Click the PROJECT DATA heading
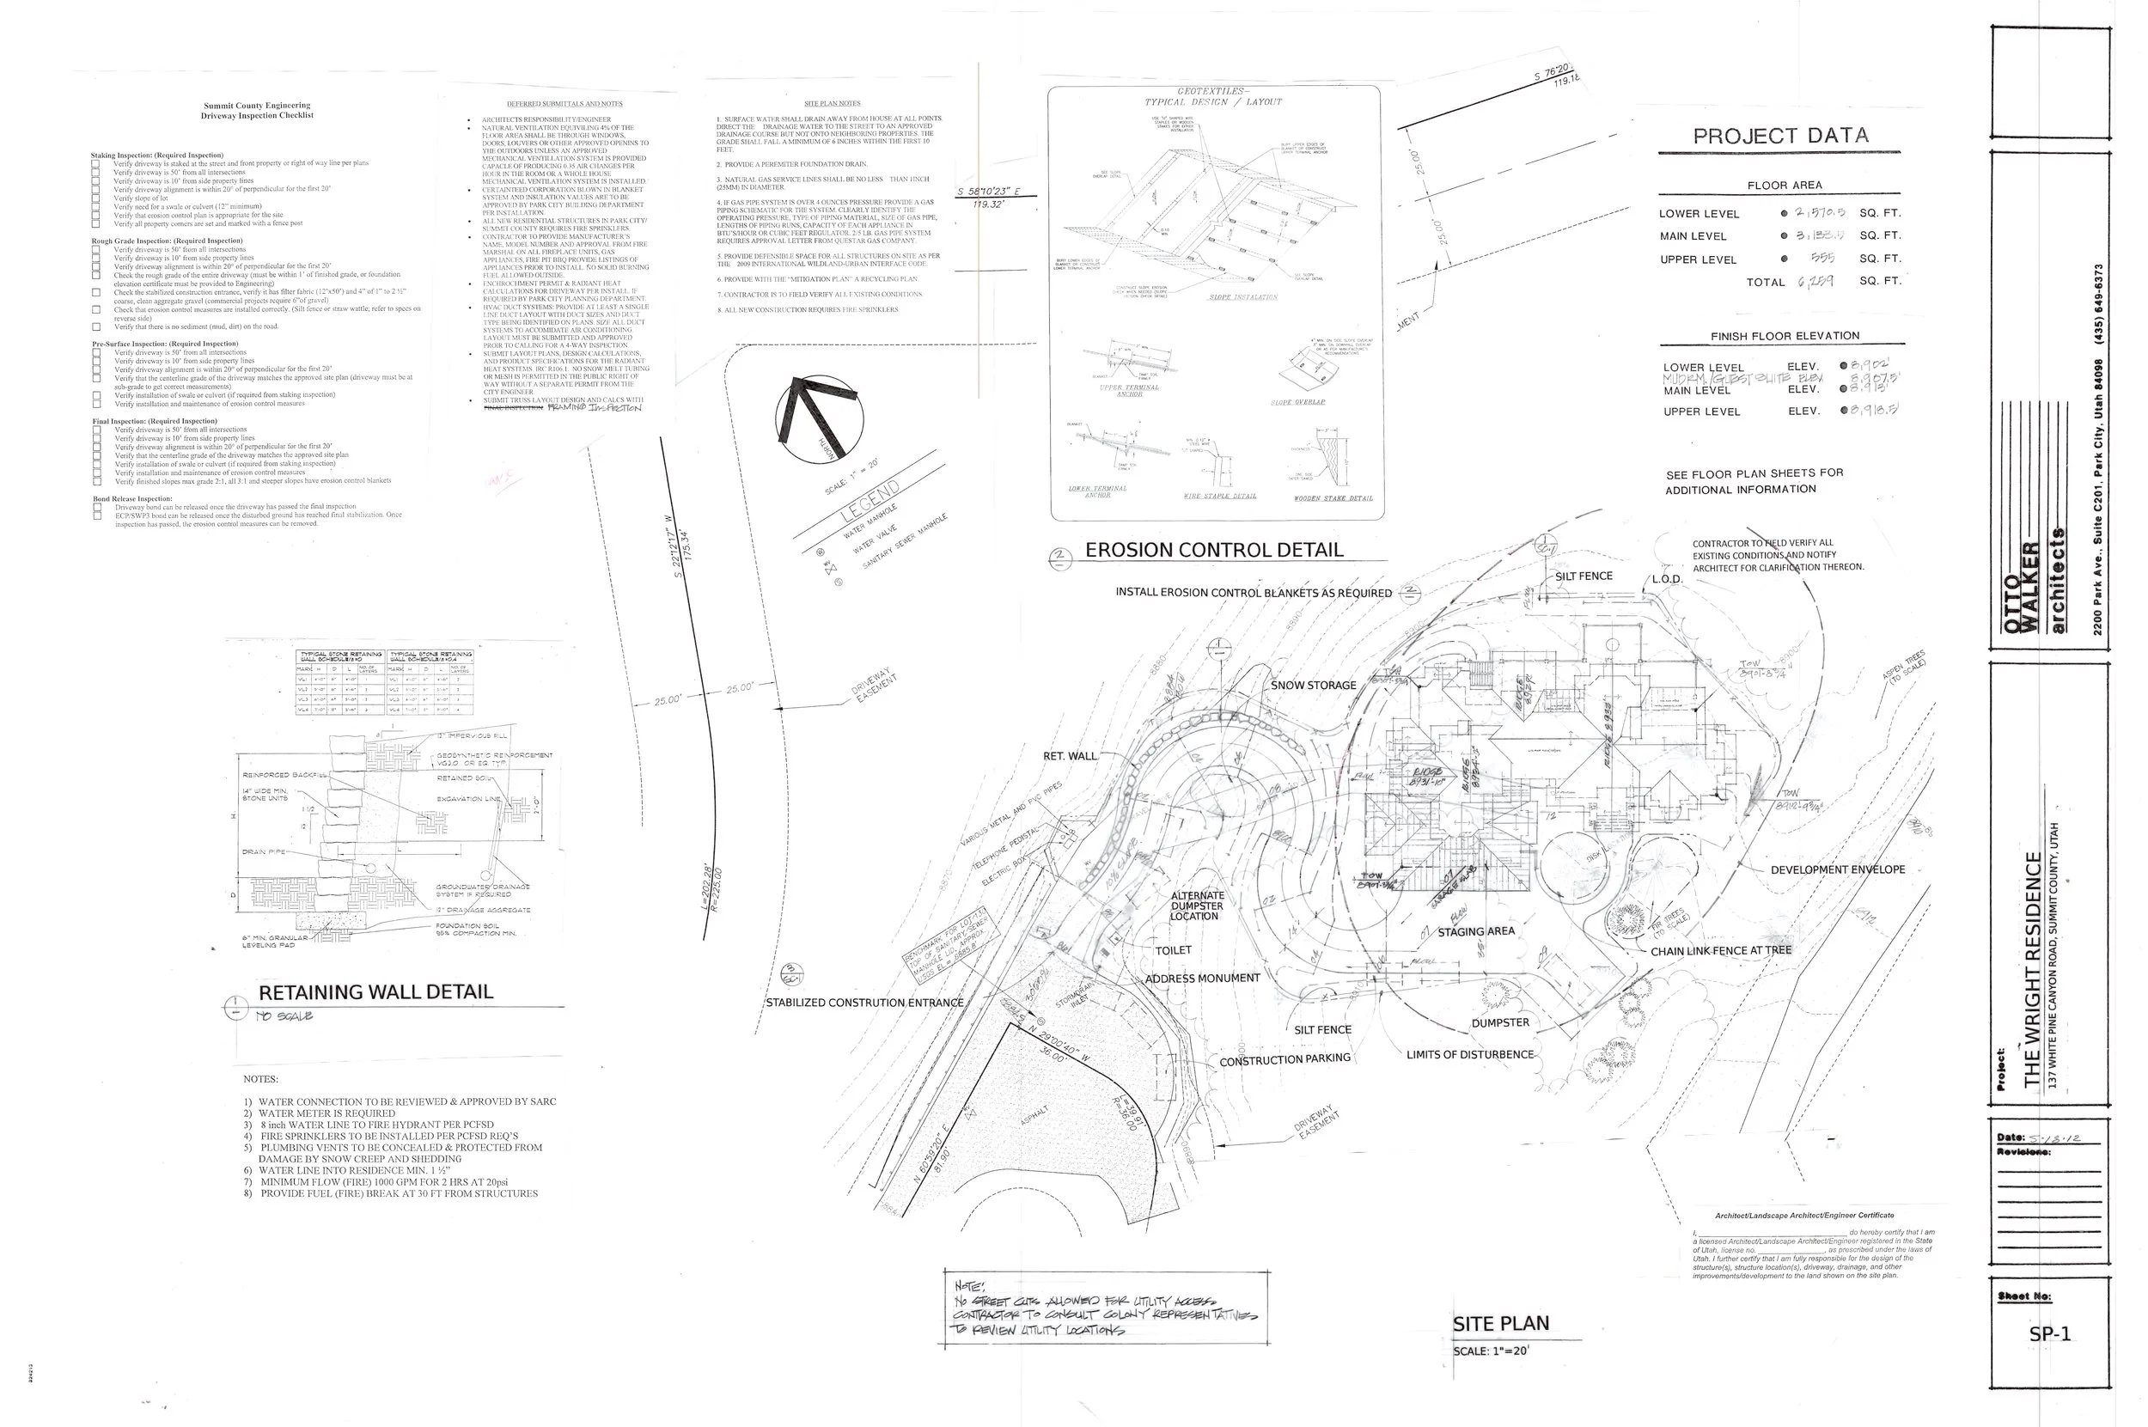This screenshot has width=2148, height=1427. pyautogui.click(x=1780, y=137)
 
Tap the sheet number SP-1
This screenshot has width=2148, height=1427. pyautogui.click(x=2049, y=1334)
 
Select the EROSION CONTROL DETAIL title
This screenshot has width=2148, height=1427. pyautogui.click(x=1213, y=550)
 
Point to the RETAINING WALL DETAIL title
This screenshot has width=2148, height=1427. pyautogui.click(x=376, y=992)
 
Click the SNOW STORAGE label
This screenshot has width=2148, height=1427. pyautogui.click(x=1314, y=686)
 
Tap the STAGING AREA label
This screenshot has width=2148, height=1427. pyautogui.click(x=1475, y=931)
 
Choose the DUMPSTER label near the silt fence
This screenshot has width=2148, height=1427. pyautogui.click(x=1500, y=1022)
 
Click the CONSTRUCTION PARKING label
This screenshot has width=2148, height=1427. pyautogui.click(x=1285, y=1060)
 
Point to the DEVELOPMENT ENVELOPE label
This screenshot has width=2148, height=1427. pyautogui.click(x=1837, y=869)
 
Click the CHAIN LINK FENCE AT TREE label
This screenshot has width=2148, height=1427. pyautogui.click(x=1720, y=951)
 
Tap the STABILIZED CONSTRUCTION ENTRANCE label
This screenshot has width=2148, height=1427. pyautogui.click(x=863, y=1003)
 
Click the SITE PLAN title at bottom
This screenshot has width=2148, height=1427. pyautogui.click(x=1500, y=1323)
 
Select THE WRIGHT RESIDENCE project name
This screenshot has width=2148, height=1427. pyautogui.click(x=2032, y=969)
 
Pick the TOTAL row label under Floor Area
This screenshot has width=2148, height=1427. pyautogui.click(x=1765, y=282)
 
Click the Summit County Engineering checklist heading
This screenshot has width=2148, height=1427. pyautogui.click(x=257, y=110)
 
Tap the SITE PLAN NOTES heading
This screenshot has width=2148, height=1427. pyautogui.click(x=832, y=103)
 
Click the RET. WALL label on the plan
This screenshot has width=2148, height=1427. pyautogui.click(x=1070, y=755)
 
